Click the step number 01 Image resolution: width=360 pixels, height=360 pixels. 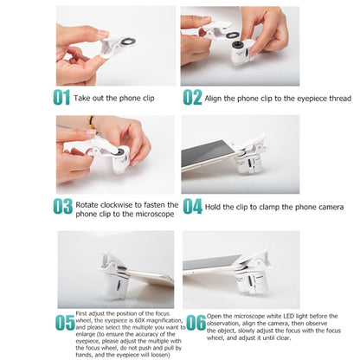(x=61, y=97)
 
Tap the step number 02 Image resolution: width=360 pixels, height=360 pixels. (x=192, y=97)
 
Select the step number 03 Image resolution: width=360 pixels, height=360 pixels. (x=62, y=207)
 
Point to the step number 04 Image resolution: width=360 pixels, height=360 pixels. (x=192, y=207)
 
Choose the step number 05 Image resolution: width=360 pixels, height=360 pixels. (x=65, y=323)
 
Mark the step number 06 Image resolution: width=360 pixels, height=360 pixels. (x=196, y=323)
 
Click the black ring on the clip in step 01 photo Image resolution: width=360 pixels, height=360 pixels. (x=127, y=41)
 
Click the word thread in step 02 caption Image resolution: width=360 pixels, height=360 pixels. (x=340, y=99)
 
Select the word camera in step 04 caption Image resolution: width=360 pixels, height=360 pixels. (x=331, y=207)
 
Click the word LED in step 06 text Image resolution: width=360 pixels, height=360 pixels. (x=288, y=316)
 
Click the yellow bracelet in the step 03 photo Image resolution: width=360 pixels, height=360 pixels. (x=91, y=123)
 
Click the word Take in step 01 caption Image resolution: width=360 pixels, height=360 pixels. (x=82, y=98)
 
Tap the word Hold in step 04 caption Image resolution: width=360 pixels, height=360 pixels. (x=213, y=207)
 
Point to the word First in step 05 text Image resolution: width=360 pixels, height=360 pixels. (x=81, y=313)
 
